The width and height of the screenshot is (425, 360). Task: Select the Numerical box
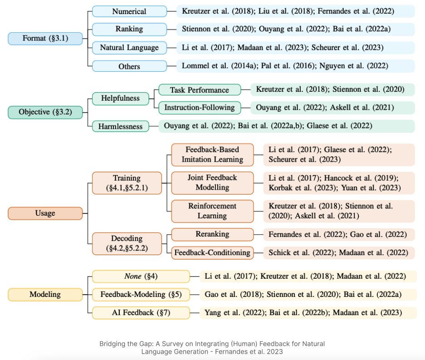129,11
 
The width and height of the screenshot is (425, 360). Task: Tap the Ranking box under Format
129,29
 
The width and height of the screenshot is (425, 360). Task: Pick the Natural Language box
129,47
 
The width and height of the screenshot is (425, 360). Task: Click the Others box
129,66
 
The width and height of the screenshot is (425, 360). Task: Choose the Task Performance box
200,90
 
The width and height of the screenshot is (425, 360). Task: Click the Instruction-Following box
200,108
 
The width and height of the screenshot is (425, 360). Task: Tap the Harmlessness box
121,126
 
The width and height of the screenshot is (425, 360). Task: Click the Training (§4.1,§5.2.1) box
127,183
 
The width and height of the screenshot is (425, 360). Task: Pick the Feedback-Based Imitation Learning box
213,154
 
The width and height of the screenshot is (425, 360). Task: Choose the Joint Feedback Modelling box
213,182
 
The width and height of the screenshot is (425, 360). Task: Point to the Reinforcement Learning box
213,211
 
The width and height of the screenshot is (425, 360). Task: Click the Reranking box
213,234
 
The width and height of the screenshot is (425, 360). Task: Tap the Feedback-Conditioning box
213,252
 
